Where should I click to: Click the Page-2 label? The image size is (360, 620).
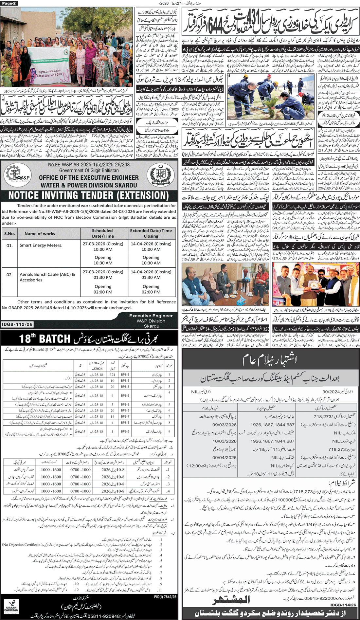(x=9, y=3)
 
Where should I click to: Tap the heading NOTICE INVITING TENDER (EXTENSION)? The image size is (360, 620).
(x=89, y=196)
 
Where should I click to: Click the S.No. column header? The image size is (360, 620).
(x=9, y=234)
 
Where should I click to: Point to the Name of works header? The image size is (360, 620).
(x=40, y=234)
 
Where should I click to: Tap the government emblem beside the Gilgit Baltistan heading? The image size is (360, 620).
(x=161, y=175)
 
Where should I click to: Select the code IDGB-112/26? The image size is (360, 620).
(x=17, y=324)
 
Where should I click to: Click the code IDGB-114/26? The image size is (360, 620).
(x=343, y=605)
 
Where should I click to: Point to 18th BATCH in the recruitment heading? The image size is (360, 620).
(x=45, y=338)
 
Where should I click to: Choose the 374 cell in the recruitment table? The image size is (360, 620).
(x=113, y=374)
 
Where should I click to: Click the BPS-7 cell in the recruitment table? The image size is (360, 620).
(x=125, y=416)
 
